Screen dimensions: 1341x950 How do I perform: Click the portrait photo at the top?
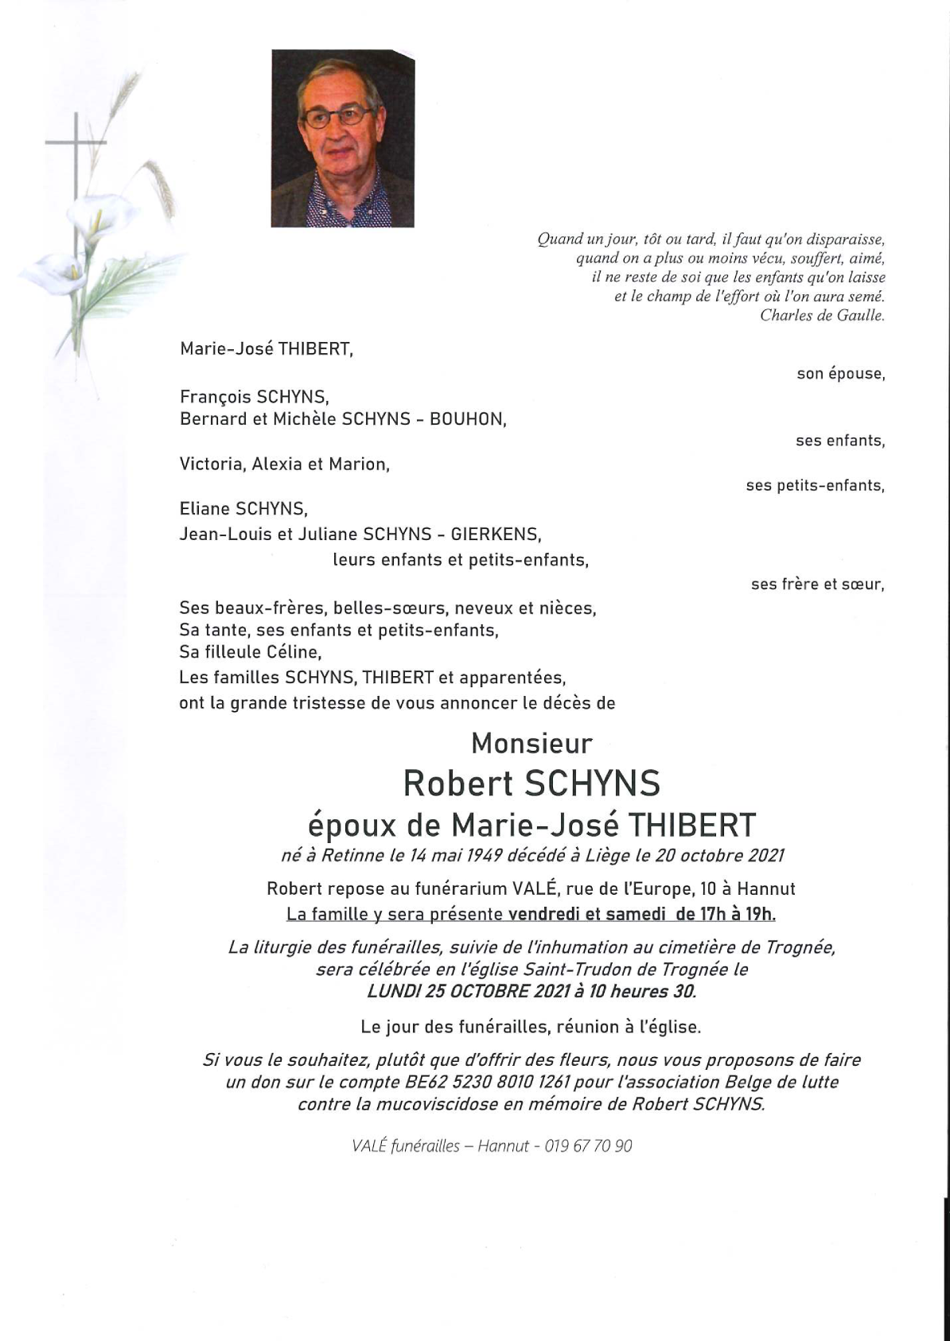point(343,138)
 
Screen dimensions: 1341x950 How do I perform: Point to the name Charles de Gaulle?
point(822,315)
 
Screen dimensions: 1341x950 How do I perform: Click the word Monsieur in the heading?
point(531,743)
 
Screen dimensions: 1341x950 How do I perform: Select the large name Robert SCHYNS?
point(531,783)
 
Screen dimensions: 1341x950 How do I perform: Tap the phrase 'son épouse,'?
point(840,374)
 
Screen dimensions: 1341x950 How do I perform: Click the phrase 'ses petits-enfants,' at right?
point(815,485)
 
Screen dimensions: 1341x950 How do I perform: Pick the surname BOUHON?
point(467,419)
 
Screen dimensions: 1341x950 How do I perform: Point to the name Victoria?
point(211,464)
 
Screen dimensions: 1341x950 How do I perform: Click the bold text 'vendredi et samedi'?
point(587,914)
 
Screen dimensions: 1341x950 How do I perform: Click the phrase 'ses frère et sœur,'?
point(817,585)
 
